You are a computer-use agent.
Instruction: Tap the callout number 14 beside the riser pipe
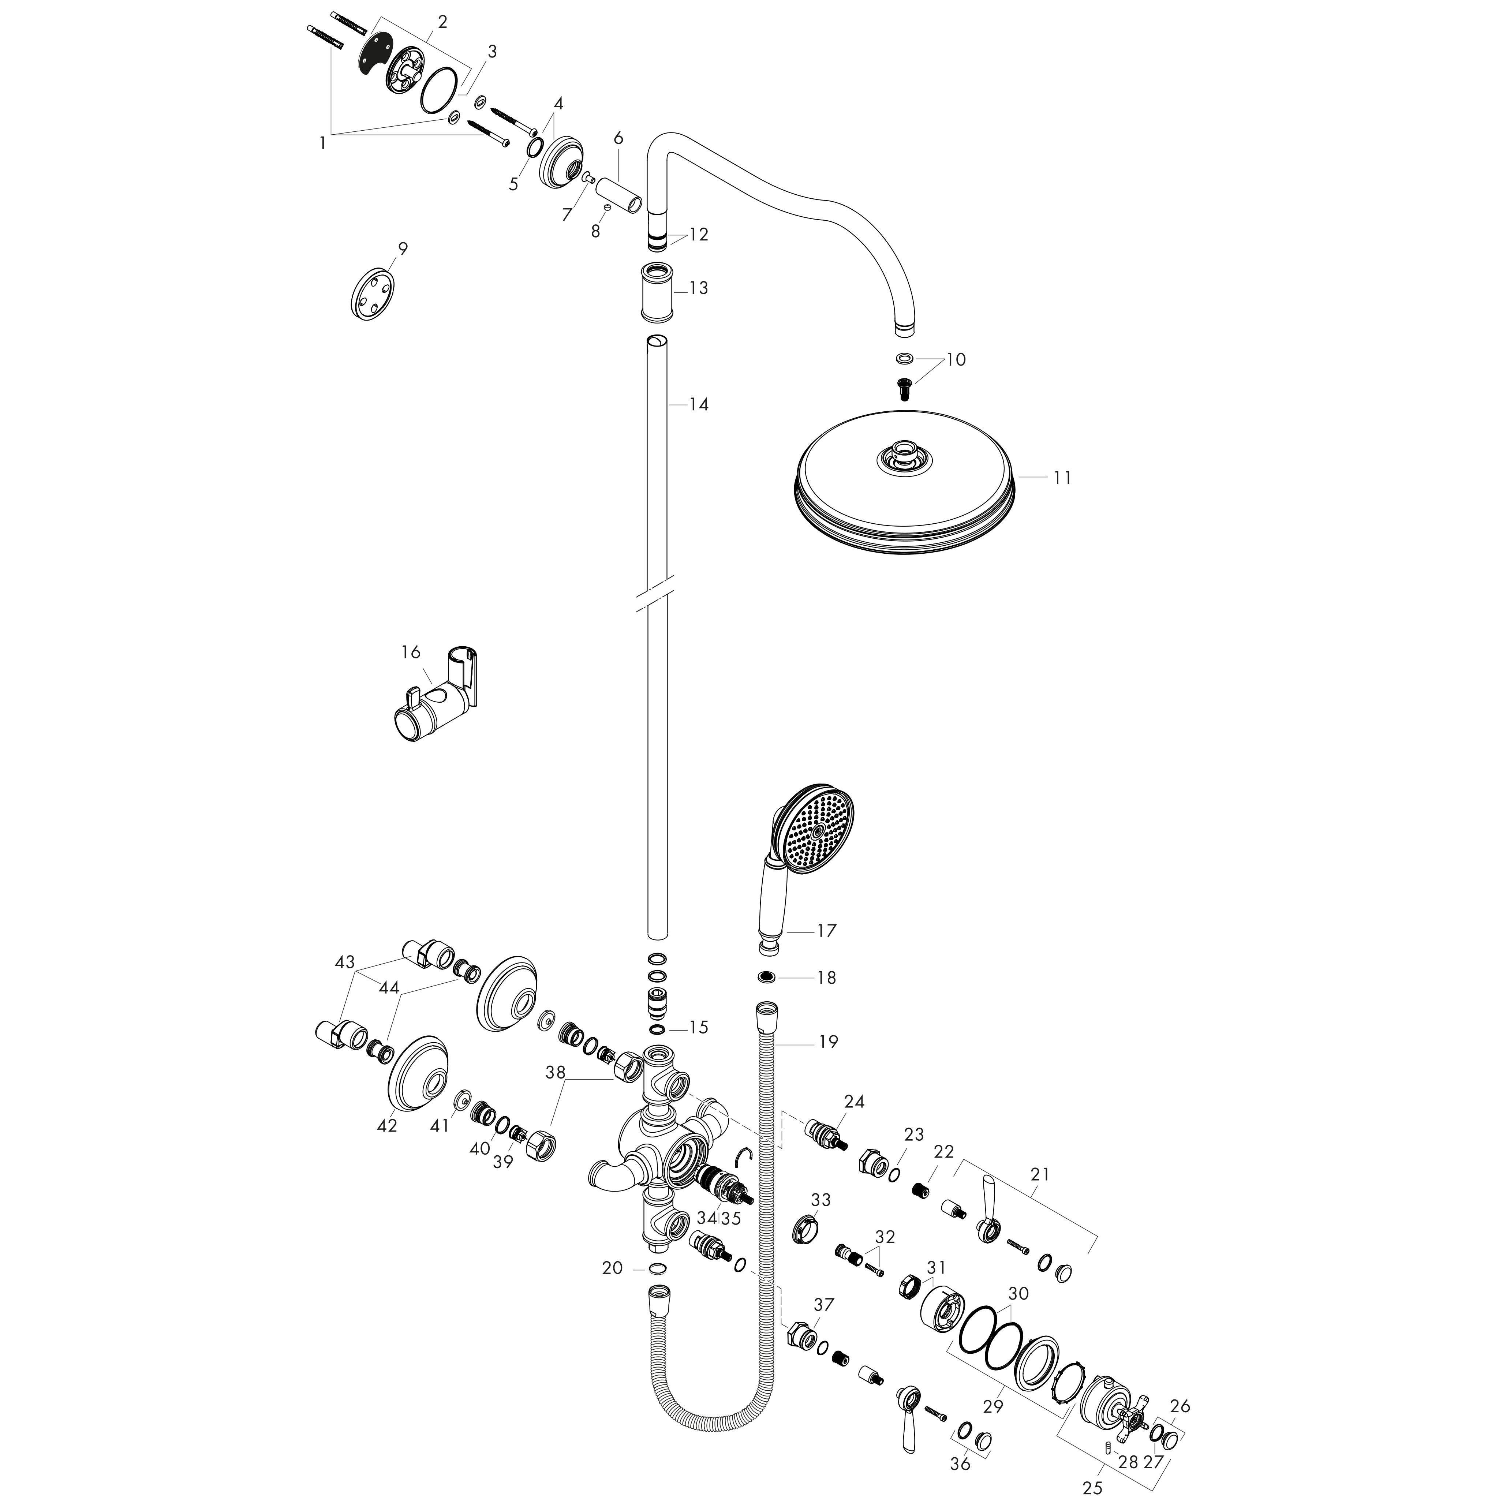tap(698, 404)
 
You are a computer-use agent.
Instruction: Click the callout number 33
tap(820, 1200)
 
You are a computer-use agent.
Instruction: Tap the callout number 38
tap(556, 1072)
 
